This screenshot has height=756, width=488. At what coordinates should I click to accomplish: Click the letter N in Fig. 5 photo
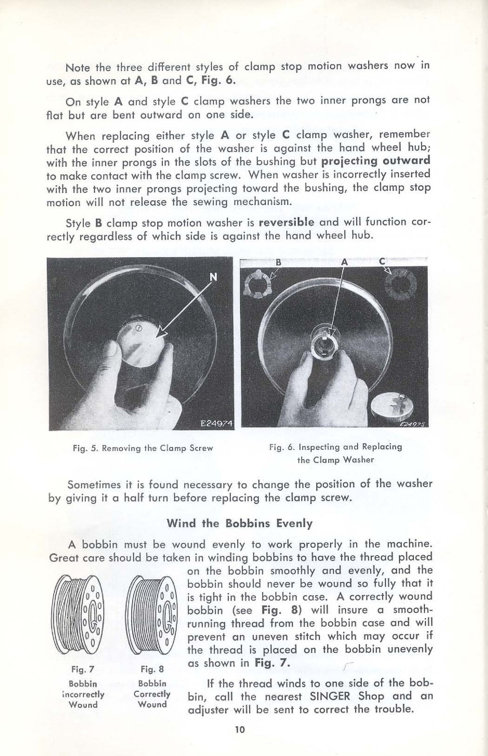[x=213, y=277]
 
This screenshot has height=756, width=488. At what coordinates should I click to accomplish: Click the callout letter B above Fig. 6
[x=279, y=262]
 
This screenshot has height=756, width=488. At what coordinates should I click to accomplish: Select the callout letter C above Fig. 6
[x=382, y=261]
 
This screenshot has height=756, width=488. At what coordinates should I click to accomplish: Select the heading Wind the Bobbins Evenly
[x=240, y=523]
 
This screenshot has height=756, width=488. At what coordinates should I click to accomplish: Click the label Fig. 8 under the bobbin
[x=152, y=669]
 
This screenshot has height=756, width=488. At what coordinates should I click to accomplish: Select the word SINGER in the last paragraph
[x=330, y=696]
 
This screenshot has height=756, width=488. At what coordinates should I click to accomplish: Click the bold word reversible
[x=286, y=222]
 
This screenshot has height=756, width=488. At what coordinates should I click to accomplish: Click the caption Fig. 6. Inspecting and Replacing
[x=335, y=447]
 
